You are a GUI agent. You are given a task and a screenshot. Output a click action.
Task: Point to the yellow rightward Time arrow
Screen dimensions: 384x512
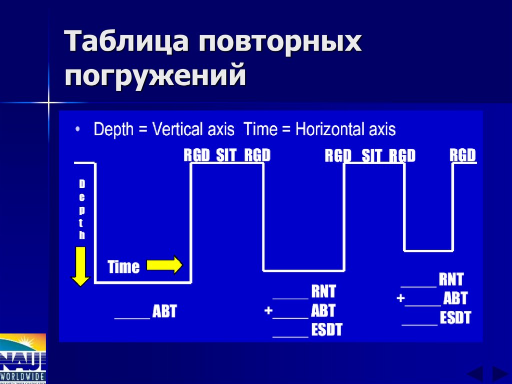pos(164,265)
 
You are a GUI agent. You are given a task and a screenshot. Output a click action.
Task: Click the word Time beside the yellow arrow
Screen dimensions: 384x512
pos(123,267)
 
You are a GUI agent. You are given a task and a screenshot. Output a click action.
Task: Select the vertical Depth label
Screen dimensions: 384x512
pos(81,210)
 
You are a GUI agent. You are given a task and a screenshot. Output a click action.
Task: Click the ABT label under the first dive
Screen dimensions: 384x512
pos(164,312)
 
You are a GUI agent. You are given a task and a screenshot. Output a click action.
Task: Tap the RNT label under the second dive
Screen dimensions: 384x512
pos(323,291)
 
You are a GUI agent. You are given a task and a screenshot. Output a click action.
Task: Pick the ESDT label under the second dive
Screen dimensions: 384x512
pos(326,330)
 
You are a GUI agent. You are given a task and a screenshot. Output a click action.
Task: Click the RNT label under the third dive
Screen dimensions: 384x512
pos(451,279)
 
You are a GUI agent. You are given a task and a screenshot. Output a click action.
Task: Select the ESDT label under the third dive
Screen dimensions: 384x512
pos(455,318)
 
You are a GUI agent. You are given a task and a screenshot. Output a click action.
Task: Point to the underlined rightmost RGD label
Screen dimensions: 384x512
pos(462,156)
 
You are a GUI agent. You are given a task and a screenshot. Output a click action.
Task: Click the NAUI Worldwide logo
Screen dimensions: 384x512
pos(23,357)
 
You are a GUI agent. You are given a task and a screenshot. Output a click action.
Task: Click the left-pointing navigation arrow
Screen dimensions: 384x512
pos(474,374)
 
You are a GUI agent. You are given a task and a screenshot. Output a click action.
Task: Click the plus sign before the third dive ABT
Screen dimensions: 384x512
pos(400,298)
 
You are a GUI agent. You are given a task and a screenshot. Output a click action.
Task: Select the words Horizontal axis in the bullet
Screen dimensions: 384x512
pos(345,130)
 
